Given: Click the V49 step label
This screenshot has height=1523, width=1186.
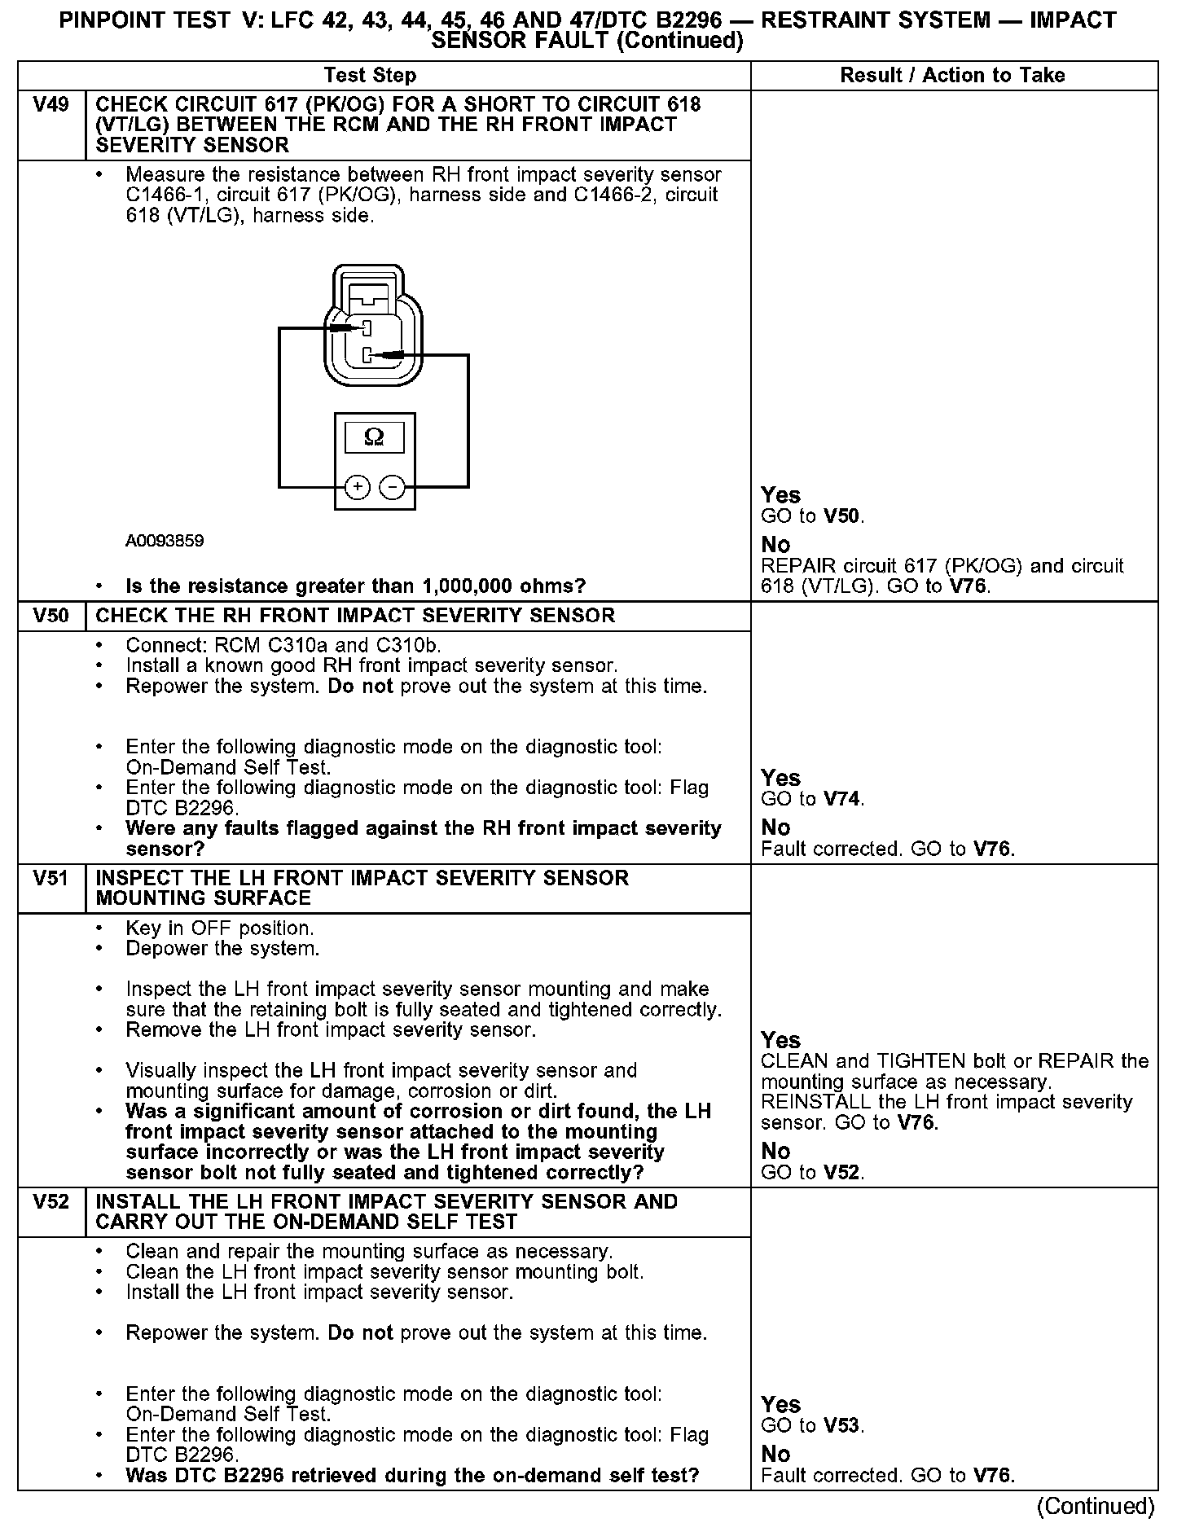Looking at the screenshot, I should coord(51,105).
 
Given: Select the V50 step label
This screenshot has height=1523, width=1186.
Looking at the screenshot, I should coord(51,616).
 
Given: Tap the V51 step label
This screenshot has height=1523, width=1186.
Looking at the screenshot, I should coord(51,879).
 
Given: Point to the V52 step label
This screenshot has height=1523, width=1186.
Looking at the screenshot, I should coord(51,1202).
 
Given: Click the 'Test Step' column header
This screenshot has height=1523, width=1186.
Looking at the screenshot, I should coord(370,76).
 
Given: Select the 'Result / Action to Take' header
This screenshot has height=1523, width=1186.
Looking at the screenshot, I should coord(952,76).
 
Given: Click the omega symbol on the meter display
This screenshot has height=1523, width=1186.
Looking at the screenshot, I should coord(374,437).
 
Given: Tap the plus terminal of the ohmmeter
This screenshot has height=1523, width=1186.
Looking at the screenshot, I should coord(358,487).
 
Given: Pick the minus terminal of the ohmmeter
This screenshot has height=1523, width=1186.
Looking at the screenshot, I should coord(393,487).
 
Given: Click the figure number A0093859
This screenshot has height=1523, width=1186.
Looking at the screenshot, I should coord(165,541).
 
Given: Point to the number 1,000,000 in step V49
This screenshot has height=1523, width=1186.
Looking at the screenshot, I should coord(475,586).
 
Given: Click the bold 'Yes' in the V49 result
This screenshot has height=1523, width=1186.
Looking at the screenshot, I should coord(780,495).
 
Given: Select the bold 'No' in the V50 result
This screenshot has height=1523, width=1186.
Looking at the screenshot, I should coord(775,828).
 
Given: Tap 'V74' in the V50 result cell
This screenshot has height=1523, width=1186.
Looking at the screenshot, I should coord(842,799).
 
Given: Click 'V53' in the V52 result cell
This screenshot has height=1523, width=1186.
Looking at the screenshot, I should coord(842,1426).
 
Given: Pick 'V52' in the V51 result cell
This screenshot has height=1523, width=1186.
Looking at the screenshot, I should coord(842,1173).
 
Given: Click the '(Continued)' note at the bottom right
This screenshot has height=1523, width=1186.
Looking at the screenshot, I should coord(1096,1507).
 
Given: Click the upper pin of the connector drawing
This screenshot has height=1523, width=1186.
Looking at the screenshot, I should coord(367,328).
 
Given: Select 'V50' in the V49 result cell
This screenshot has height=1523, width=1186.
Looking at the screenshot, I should coord(842,516).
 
